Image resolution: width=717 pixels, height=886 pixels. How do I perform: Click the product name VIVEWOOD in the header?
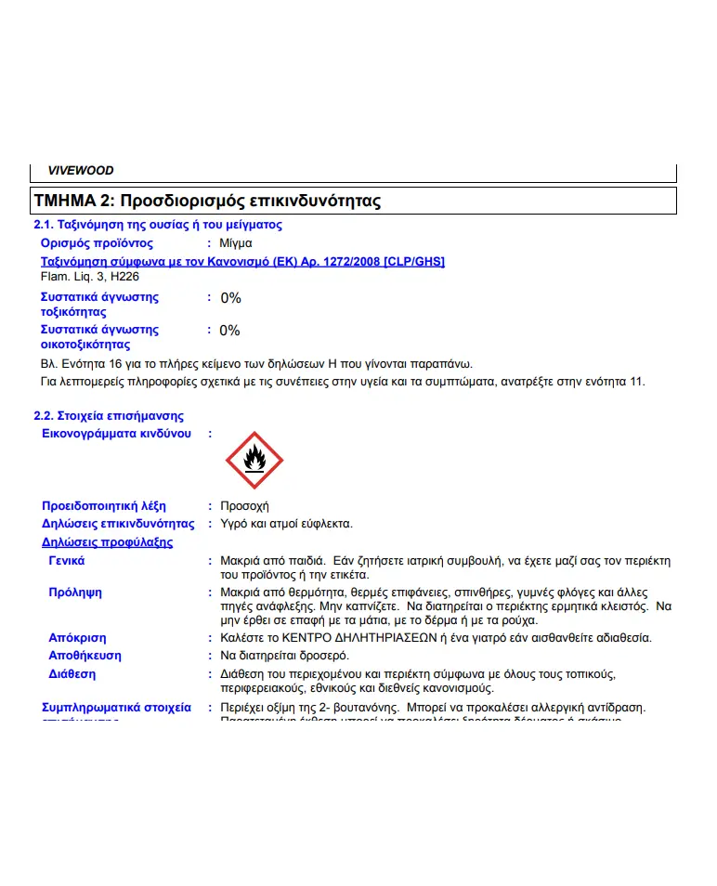click(81, 171)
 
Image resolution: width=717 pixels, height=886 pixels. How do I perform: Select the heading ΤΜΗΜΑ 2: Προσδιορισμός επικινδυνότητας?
click(207, 201)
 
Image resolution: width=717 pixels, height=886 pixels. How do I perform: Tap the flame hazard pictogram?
click(254, 460)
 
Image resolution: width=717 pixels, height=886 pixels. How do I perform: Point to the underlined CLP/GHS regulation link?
click(242, 261)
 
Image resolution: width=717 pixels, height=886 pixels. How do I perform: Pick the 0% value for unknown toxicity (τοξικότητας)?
click(230, 298)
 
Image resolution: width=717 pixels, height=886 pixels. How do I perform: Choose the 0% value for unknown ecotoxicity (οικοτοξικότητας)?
click(229, 331)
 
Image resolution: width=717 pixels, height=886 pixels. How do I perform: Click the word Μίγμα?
click(236, 243)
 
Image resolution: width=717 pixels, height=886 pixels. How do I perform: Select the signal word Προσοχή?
click(244, 506)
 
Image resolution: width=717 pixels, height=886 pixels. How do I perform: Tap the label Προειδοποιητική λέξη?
click(104, 506)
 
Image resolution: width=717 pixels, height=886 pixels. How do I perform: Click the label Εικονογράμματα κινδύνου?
click(117, 434)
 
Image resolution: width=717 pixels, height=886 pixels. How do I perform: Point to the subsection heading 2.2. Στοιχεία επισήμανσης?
click(109, 416)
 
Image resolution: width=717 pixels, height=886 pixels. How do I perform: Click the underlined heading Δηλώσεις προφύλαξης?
click(107, 542)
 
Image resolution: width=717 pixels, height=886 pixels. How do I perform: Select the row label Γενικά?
click(67, 561)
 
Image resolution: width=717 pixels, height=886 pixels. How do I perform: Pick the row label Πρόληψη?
click(75, 593)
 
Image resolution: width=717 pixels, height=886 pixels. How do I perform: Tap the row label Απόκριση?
click(77, 638)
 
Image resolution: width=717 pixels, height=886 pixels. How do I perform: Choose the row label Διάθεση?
click(72, 673)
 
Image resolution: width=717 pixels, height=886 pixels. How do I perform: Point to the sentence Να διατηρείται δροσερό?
click(284, 656)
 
